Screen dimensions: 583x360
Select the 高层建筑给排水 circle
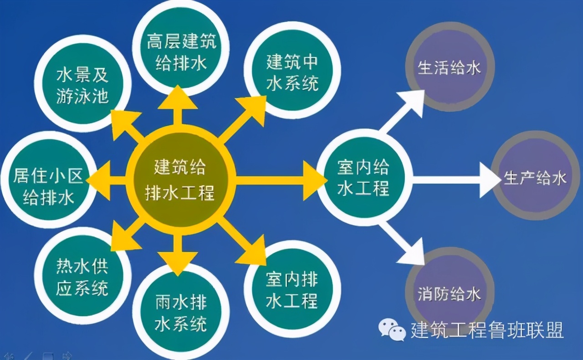(182, 49)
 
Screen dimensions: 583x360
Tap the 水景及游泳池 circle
(83, 83)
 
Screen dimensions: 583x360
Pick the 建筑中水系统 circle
(292, 70)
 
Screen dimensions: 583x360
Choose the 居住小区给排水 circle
(48, 180)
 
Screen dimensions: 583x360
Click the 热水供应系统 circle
(83, 276)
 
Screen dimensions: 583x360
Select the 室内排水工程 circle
(292, 289)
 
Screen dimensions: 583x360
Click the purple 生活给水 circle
(450, 67)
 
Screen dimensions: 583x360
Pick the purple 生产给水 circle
(536, 176)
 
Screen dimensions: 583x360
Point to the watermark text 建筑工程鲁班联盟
(487, 330)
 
